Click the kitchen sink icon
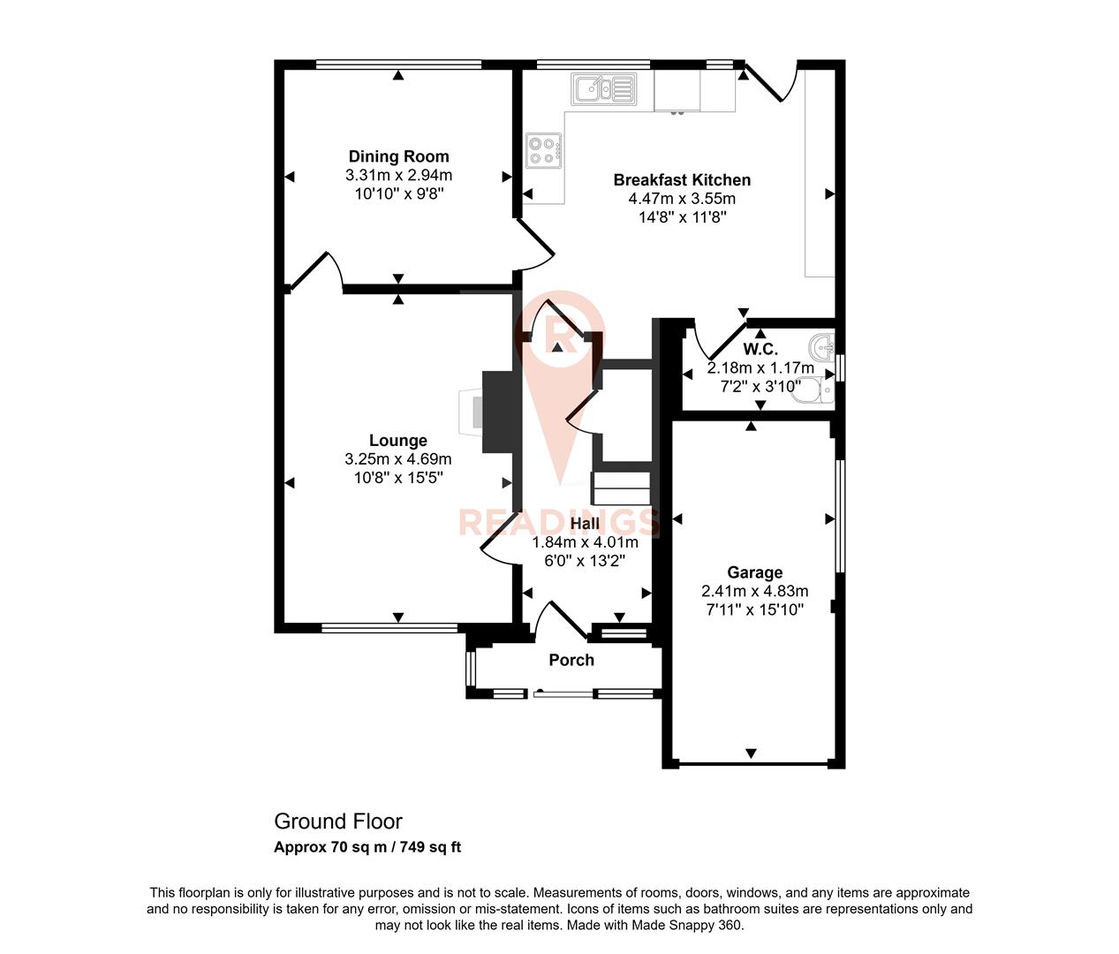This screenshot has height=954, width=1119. pyautogui.click(x=604, y=89)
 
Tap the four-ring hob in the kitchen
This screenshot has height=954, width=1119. pyautogui.click(x=542, y=150)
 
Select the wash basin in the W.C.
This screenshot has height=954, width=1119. pyautogui.click(x=822, y=345)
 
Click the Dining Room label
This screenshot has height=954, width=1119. pyautogui.click(x=398, y=156)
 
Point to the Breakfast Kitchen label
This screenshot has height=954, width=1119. pyautogui.click(x=682, y=179)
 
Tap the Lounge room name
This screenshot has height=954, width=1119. pyautogui.click(x=397, y=440)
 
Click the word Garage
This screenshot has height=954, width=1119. pyautogui.click(x=754, y=572)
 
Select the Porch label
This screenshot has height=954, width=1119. pyautogui.click(x=571, y=660)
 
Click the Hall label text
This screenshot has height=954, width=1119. pyautogui.click(x=585, y=524)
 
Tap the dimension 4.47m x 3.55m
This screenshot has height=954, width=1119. pyautogui.click(x=682, y=199)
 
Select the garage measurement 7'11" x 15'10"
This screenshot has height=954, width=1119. pyautogui.click(x=754, y=609)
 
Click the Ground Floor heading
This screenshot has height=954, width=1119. pyautogui.click(x=338, y=821)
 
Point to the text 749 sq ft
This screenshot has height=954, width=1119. pyautogui.click(x=431, y=847)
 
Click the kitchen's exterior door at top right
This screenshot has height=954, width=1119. pyautogui.click(x=774, y=84)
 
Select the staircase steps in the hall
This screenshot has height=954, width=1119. pyautogui.click(x=621, y=488)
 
